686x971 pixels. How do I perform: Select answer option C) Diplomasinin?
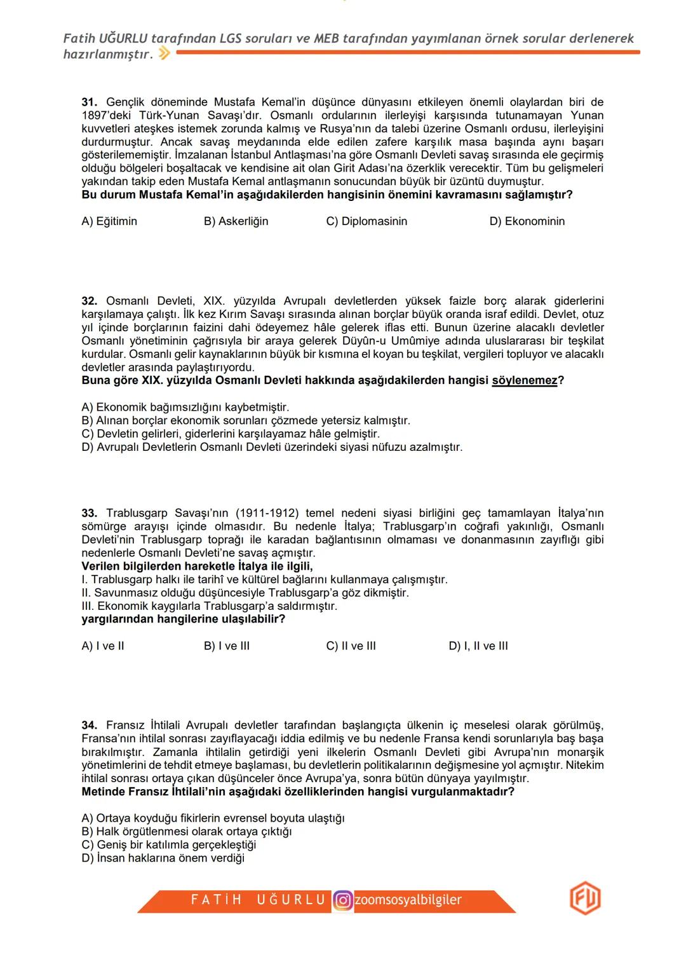tap(367, 221)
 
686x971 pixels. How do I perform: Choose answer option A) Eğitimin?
tap(109, 221)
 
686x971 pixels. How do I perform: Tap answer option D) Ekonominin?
tap(527, 221)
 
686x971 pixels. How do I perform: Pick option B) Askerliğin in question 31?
tap(236, 221)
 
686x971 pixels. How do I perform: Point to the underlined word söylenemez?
tap(524, 381)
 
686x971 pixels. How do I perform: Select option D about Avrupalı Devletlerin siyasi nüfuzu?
tap(272, 447)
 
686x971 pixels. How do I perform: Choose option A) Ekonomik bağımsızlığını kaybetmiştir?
tap(185, 407)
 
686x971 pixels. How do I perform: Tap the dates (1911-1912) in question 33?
tap(267, 513)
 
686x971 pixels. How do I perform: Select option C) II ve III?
tap(351, 646)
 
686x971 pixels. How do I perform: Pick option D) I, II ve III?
tap(478, 646)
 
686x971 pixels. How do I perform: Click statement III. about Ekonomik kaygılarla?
tap(209, 606)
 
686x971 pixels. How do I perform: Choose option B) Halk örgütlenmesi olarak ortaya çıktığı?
tap(186, 832)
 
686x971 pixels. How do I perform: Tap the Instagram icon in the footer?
tap(342, 900)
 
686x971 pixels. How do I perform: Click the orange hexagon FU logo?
tap(584, 899)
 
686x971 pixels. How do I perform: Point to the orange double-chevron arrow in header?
tap(164, 54)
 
